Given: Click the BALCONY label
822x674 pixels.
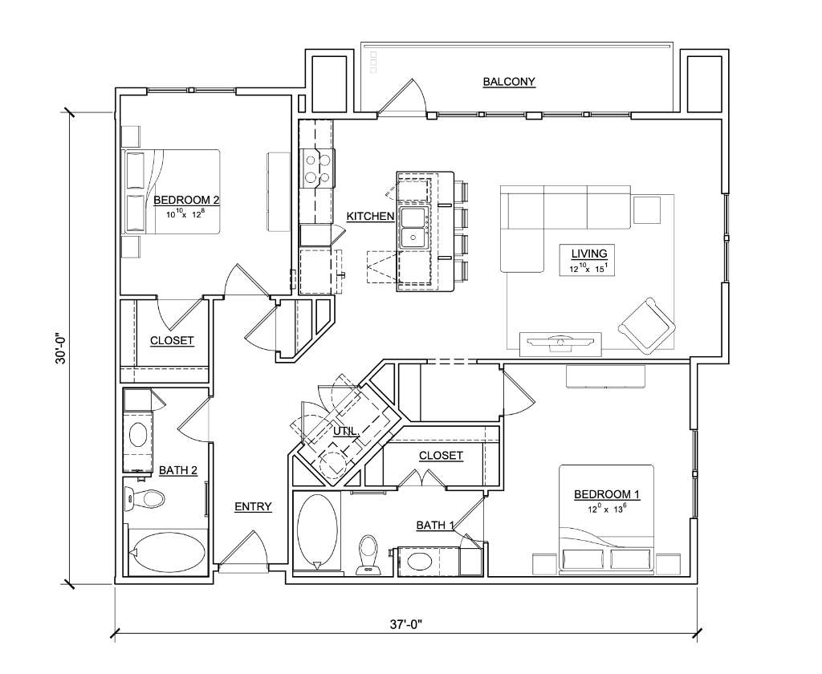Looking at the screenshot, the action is coord(509,82).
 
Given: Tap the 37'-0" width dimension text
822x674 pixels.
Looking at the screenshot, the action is coord(406,625).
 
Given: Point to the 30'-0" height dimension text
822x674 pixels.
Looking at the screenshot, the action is coord(61,347).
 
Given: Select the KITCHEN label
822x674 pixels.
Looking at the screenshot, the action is coord(370,216).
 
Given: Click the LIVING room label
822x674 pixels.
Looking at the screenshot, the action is coord(589,254).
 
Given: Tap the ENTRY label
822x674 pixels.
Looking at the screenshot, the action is coord(253,507).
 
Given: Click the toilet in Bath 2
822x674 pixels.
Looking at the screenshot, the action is coord(144,498).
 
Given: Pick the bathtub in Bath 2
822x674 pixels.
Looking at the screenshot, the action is coord(167,552).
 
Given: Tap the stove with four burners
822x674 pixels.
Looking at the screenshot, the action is coord(316,168).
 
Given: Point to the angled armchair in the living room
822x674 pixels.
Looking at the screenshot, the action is coord(647,324).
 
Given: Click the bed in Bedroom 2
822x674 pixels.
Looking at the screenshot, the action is coord(171,191).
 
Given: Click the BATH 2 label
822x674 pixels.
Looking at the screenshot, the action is coord(178,471).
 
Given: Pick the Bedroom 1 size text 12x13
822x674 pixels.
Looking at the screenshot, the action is coord(607,509).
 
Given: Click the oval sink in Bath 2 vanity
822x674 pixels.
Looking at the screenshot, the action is coord(138,434).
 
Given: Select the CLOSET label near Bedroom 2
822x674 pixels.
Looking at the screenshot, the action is coord(172,341).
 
